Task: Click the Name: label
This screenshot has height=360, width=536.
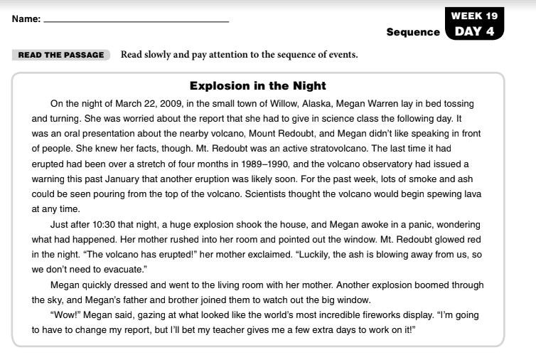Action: tap(25, 20)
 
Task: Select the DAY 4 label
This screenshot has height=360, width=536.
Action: tap(474, 31)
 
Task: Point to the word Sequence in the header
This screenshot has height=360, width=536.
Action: tap(413, 32)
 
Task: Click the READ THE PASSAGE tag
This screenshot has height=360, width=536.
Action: tap(61, 55)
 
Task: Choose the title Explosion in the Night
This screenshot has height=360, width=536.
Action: tap(258, 86)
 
